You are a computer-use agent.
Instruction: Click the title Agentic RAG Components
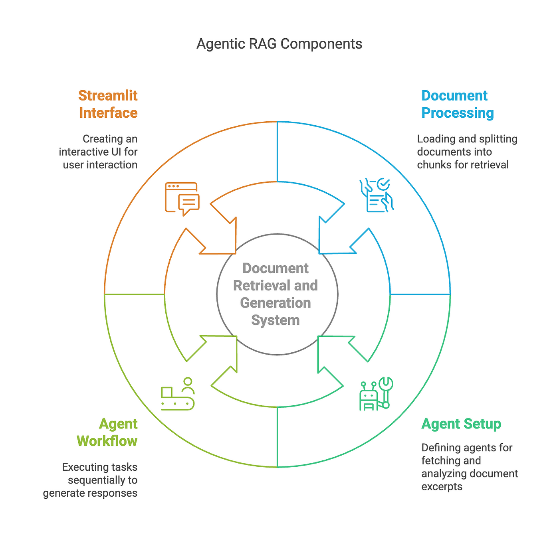point(279,44)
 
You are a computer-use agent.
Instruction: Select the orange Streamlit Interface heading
point(108,104)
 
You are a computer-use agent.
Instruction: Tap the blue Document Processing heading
point(457,104)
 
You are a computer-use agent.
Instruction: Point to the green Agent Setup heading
point(461,424)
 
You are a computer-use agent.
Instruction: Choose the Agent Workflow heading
point(107,432)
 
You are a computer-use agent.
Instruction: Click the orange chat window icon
point(182,199)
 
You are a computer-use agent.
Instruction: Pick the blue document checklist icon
point(377,195)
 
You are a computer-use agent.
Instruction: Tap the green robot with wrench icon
point(376,394)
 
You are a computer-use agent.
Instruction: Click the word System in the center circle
point(276,320)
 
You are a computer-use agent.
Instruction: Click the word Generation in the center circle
point(276,303)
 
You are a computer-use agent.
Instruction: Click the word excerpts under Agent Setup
point(442,487)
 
